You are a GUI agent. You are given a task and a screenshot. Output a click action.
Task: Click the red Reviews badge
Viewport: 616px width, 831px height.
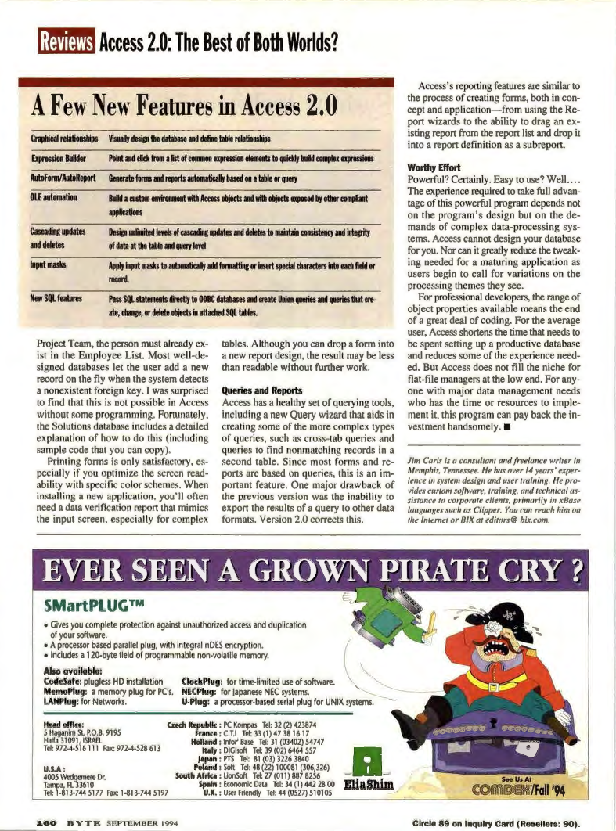[x=67, y=39]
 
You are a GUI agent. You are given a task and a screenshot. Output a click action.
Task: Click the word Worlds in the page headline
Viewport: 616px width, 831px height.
[x=305, y=38]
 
